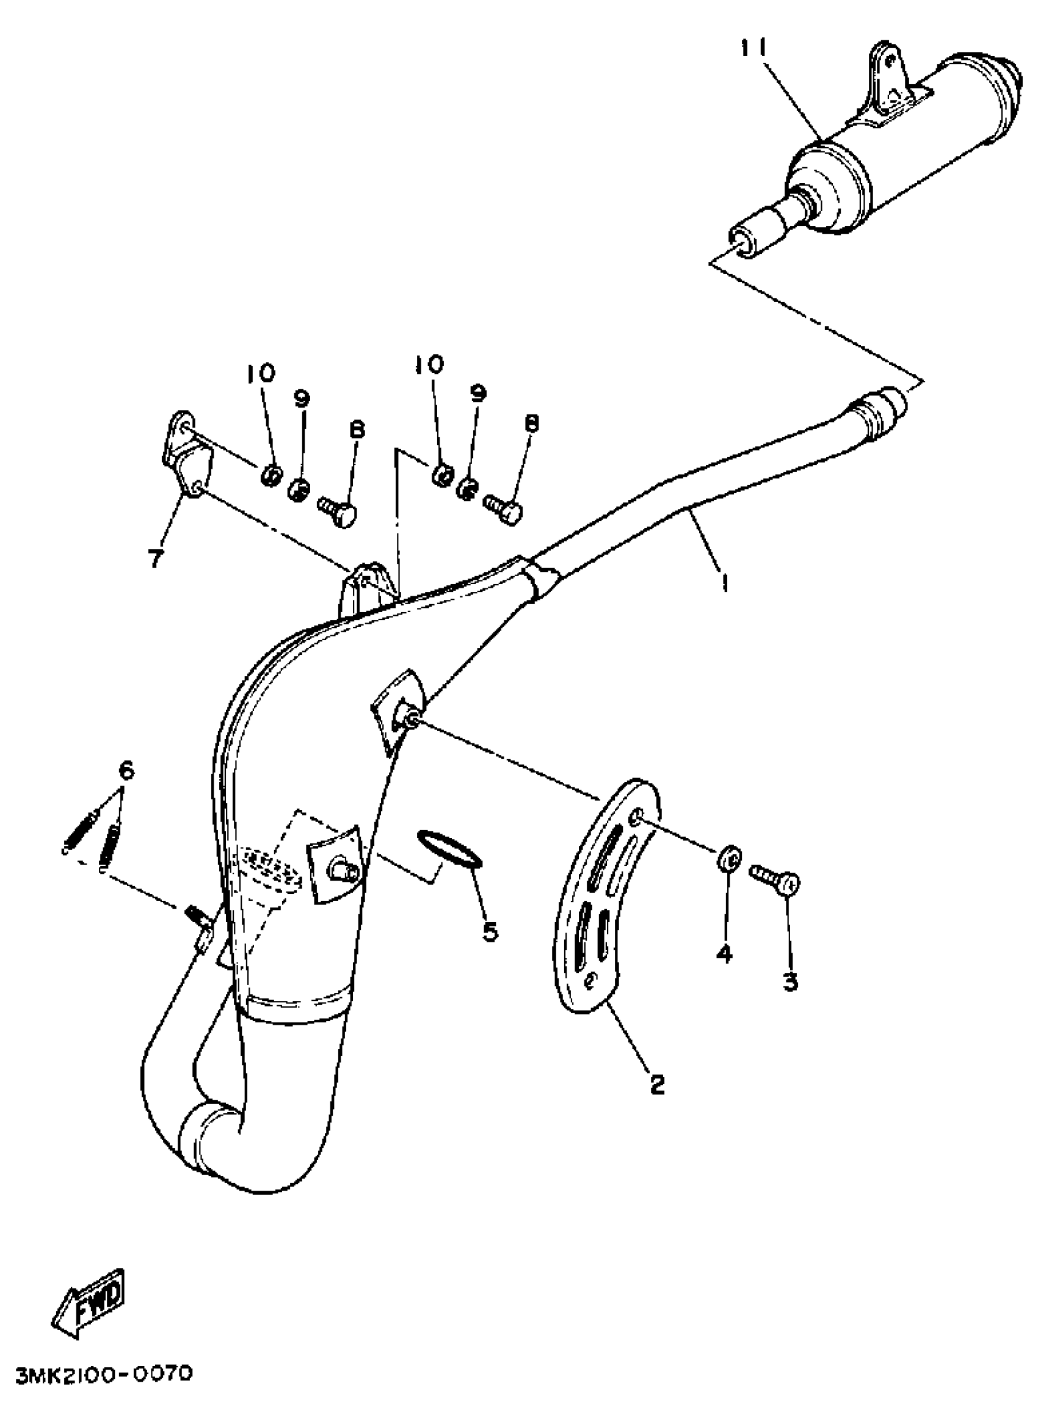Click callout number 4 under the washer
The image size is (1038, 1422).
click(x=724, y=955)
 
